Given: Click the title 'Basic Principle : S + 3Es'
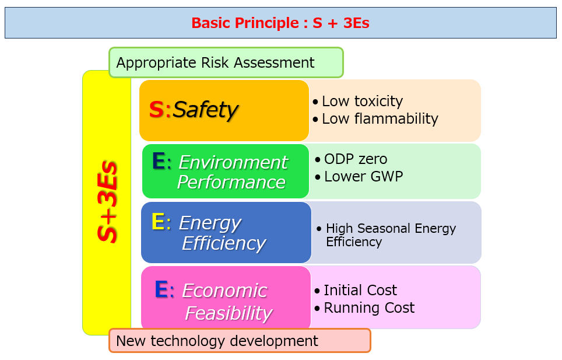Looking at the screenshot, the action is pos(280,23).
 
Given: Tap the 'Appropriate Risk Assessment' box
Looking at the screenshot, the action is pos(226,62).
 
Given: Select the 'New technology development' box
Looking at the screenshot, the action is pos(240,340).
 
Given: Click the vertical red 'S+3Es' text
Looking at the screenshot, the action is pos(107,202).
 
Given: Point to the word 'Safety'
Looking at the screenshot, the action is pos(205,109).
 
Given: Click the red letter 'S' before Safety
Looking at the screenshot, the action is pos(156,109).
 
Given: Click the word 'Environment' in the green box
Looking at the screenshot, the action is pos(233,162).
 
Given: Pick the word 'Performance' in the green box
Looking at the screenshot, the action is pos(231,182).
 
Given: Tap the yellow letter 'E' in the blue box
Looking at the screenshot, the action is pos(158,221).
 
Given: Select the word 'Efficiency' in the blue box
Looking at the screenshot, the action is pos(224,243).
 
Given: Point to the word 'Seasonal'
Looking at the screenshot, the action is pos(384,228).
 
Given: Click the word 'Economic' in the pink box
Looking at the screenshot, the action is pos(224,291).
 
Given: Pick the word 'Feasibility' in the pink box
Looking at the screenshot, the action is pos(229,313).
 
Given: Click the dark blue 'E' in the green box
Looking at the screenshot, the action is pos(159,160).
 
